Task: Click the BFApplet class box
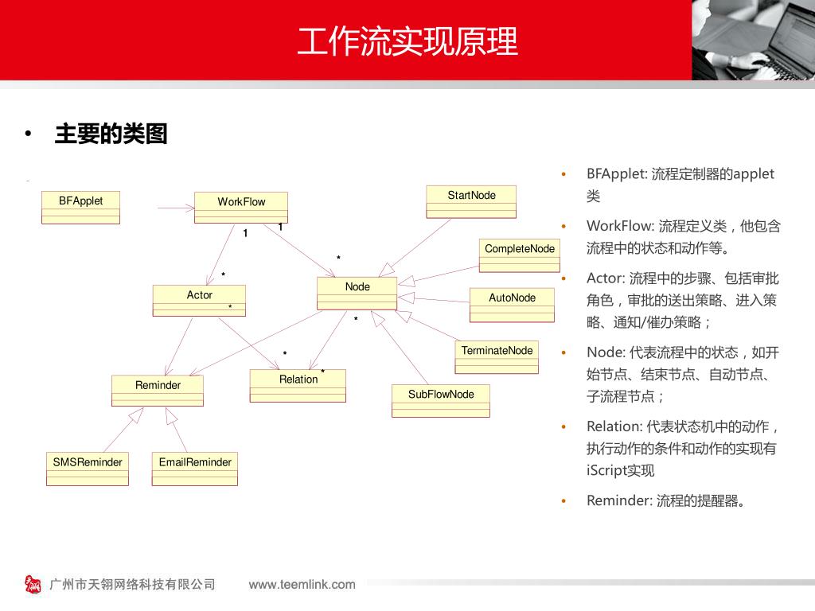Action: click(x=80, y=208)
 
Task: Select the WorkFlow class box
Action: click(x=241, y=208)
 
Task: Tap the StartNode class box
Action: click(x=471, y=201)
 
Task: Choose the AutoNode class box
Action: click(x=512, y=305)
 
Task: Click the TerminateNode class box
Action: click(x=497, y=357)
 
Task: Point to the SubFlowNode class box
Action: click(x=440, y=400)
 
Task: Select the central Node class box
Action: click(x=357, y=294)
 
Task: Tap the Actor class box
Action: click(x=199, y=300)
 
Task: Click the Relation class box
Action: click(x=298, y=386)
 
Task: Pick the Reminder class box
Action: click(x=158, y=391)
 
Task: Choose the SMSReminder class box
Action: click(x=88, y=469)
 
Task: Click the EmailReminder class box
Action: click(x=195, y=469)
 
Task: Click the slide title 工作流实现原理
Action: click(x=407, y=41)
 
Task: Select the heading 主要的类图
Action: click(x=111, y=134)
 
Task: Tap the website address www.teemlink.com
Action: click(x=302, y=585)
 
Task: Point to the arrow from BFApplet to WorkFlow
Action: click(x=176, y=208)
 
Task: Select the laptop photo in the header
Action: click(x=753, y=40)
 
